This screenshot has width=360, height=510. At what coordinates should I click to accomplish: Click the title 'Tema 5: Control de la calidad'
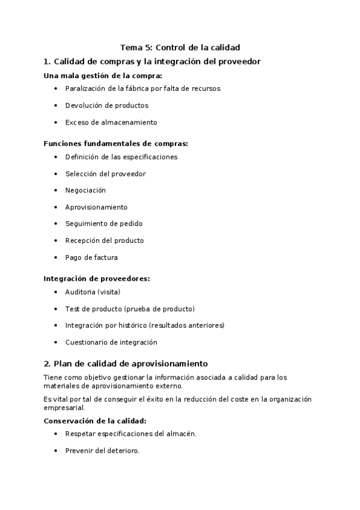(180, 48)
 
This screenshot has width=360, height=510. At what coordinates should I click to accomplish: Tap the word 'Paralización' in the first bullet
(87, 88)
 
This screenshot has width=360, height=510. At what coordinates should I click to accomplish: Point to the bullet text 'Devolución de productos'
(106, 105)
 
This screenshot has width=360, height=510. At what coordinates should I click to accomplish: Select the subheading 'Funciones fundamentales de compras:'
(115, 144)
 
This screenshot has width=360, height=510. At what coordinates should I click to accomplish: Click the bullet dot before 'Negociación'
(56, 190)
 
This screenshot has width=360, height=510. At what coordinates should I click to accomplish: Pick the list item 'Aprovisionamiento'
(96, 207)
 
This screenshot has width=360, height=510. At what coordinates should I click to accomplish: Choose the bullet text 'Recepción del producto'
(105, 241)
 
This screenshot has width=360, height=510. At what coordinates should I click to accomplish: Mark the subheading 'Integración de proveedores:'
(97, 278)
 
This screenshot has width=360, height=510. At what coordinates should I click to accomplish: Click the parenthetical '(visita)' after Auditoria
(109, 292)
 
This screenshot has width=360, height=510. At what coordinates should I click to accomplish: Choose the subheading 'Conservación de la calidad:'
(95, 420)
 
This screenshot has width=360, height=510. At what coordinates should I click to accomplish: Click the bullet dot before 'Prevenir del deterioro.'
(56, 450)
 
